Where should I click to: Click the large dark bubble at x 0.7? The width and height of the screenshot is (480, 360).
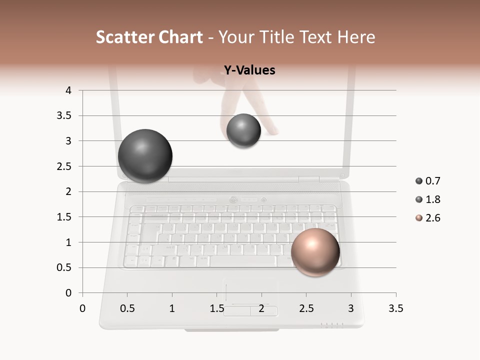145,156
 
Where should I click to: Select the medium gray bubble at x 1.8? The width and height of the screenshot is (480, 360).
243,131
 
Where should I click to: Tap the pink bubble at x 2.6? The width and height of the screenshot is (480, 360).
315,252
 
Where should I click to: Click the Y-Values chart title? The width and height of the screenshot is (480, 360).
249,70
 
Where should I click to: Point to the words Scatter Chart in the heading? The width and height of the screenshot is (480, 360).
149,37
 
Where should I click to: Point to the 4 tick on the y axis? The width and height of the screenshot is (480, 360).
68,90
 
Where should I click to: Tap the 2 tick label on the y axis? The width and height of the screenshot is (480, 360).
68,191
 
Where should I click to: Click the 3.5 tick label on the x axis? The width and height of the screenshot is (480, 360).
395,308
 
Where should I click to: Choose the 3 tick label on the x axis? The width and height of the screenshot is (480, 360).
351,308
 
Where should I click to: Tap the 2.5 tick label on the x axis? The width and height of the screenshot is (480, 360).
306,308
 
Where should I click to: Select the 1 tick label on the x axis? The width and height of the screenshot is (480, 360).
172,308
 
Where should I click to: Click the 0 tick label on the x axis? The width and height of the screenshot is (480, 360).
82,308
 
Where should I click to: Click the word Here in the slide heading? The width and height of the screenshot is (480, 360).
356,37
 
